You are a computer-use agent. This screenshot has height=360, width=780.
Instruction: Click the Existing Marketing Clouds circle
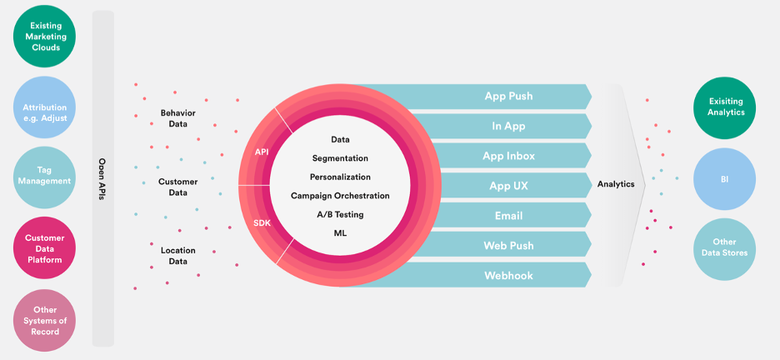(x=45, y=37)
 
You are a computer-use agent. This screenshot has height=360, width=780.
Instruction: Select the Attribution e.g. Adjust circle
(x=45, y=107)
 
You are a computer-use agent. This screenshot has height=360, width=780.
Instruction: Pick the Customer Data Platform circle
(x=45, y=248)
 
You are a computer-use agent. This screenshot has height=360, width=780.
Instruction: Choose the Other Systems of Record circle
(x=45, y=320)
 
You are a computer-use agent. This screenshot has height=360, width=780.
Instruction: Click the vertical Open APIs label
(x=102, y=179)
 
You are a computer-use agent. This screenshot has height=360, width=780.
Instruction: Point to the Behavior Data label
(x=178, y=118)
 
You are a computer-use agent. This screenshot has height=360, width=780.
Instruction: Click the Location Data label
(x=178, y=256)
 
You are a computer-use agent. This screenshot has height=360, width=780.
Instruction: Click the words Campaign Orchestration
(x=340, y=196)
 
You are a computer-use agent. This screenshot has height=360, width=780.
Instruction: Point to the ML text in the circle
(x=340, y=233)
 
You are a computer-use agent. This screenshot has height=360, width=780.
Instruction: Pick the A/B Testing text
(x=340, y=215)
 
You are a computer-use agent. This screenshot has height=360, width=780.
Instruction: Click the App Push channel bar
(x=497, y=96)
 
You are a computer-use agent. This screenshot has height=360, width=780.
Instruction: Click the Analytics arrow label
(x=616, y=184)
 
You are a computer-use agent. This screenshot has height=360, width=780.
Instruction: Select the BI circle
(x=724, y=179)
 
